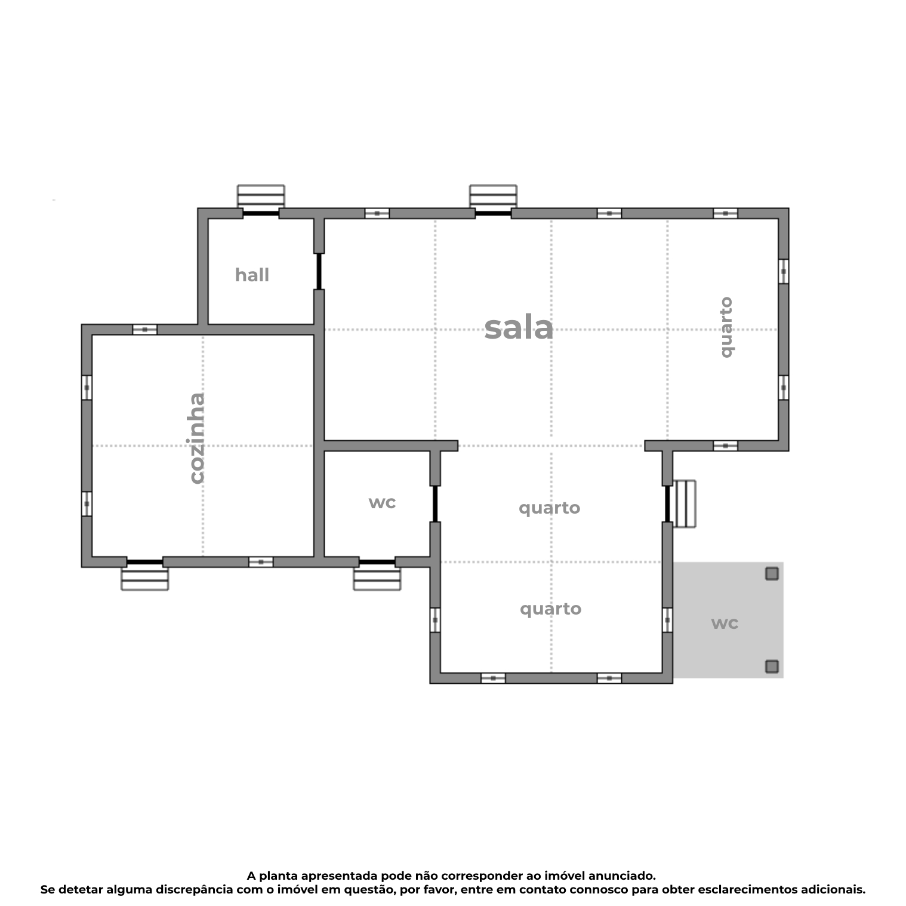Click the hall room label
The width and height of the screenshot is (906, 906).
[x=252, y=275]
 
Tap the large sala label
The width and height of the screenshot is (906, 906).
[x=519, y=328]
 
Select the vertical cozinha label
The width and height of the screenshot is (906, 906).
[x=197, y=438]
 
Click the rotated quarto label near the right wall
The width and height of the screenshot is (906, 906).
[x=726, y=327]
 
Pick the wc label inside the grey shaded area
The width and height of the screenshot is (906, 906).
[x=725, y=623]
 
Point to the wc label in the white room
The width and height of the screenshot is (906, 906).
[x=382, y=502]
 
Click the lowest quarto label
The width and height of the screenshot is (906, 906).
[x=550, y=609]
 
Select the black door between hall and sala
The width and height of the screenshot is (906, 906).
[x=319, y=272]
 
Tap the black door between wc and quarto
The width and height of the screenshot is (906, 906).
[x=435, y=503]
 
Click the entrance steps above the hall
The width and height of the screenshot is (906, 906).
[x=261, y=196]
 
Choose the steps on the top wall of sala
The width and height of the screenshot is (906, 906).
[x=493, y=196]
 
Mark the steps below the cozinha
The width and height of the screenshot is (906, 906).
[x=144, y=579]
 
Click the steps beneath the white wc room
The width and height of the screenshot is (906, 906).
[x=377, y=579]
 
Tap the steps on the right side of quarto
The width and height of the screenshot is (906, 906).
[x=685, y=503]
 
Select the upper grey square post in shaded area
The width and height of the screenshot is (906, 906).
[x=772, y=574]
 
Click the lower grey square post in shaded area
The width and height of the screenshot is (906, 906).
[x=772, y=667]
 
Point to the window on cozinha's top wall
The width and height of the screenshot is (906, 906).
[x=144, y=330]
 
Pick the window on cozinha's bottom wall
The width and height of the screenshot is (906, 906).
[x=261, y=562]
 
